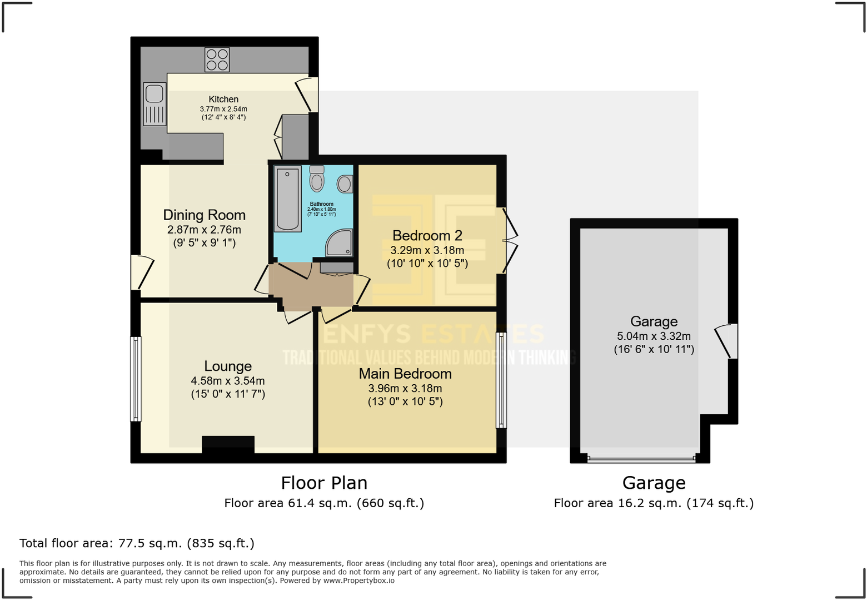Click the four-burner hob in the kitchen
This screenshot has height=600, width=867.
point(217,59)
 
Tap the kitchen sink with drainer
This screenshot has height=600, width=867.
point(155,104)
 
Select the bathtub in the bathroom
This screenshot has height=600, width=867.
point(287,199)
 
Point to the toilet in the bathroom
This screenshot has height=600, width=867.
point(317,178)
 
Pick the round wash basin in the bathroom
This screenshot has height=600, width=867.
point(345,184)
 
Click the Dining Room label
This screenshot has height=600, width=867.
point(204,215)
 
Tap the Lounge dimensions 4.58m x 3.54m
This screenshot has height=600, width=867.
point(228,381)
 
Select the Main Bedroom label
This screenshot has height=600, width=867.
point(405,374)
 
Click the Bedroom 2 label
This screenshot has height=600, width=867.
point(427,236)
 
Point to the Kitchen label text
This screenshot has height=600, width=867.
point(223,100)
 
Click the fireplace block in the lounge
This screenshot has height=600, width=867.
point(228,444)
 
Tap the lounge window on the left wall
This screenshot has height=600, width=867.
point(136,379)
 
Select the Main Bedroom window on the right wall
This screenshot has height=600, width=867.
point(501,380)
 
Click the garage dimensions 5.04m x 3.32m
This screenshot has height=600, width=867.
point(654,336)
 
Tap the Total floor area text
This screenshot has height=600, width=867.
point(137,543)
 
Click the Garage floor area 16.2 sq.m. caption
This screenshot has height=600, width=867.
point(654,503)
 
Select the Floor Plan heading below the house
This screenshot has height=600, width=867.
point(324,483)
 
